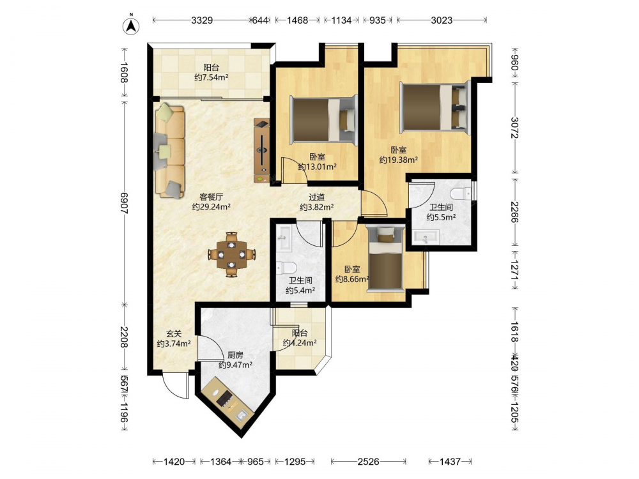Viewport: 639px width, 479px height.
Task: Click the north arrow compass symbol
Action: click(x=131, y=25)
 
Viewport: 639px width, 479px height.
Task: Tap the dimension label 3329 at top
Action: click(x=202, y=20)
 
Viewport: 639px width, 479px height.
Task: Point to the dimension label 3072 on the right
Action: click(x=514, y=128)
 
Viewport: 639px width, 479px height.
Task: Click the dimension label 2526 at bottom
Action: click(x=368, y=462)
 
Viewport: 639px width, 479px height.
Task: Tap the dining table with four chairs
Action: click(x=231, y=255)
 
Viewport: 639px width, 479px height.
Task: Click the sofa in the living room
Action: click(x=169, y=151)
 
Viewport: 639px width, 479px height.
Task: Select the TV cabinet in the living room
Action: click(x=261, y=150)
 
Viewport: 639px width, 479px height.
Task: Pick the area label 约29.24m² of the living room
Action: click(x=212, y=206)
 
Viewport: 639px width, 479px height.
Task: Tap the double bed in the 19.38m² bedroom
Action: click(x=435, y=107)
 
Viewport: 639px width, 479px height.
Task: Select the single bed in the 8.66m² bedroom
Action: click(x=385, y=259)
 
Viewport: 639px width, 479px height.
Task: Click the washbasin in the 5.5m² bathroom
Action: click(x=425, y=237)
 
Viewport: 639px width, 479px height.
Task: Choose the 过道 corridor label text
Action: click(x=317, y=197)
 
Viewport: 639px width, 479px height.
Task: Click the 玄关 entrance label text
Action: click(x=174, y=333)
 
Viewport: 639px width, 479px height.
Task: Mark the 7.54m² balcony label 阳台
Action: click(x=211, y=68)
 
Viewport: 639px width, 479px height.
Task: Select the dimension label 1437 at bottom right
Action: click(x=450, y=462)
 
